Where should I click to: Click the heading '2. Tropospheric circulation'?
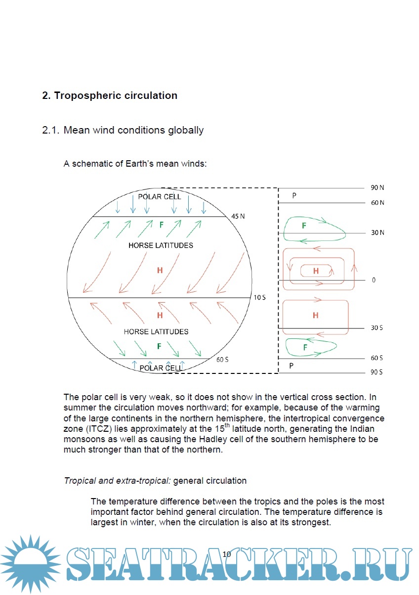click(x=110, y=95)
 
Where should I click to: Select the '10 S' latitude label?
click(x=260, y=298)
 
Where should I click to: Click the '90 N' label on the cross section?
click(x=377, y=188)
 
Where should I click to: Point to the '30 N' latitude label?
click(x=377, y=232)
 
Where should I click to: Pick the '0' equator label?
click(x=374, y=280)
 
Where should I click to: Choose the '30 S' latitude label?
click(x=377, y=328)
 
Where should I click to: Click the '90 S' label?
click(x=377, y=372)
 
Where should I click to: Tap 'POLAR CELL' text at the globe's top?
click(x=160, y=196)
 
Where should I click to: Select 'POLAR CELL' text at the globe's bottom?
click(x=161, y=368)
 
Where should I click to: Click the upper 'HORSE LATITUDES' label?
click(x=161, y=245)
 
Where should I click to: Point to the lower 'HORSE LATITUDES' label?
click(x=156, y=331)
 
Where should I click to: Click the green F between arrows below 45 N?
click(x=161, y=225)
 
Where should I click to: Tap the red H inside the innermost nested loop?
click(x=315, y=271)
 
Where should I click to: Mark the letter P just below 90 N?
click(x=294, y=195)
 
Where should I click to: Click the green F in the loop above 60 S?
click(x=305, y=348)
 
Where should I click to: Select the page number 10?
click(x=227, y=554)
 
